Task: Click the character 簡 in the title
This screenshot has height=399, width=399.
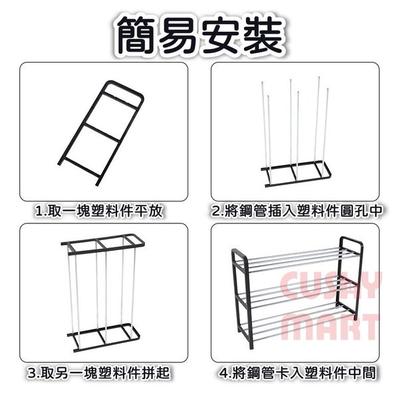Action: point(136,35)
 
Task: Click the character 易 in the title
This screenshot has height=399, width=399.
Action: point(178,35)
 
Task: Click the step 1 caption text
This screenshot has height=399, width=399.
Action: point(98,211)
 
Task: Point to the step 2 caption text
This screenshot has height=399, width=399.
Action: point(297,211)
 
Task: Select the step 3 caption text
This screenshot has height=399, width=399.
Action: point(98,372)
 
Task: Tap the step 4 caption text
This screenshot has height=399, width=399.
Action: point(297,372)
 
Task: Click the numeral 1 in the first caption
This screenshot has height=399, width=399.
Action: point(39,211)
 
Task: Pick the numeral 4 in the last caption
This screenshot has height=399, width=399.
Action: point(223,373)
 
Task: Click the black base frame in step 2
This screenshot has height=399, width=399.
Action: point(296,174)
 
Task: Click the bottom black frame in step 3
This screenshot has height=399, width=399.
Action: point(104,337)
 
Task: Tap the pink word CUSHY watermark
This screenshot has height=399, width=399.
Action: point(331,285)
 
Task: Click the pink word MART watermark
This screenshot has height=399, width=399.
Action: point(330,327)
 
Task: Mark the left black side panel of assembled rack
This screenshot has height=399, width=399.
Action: point(242,298)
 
